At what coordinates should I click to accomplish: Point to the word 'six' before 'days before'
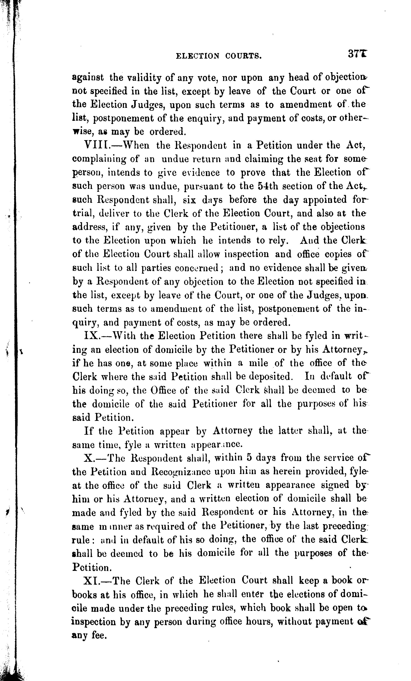coord(189,200)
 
